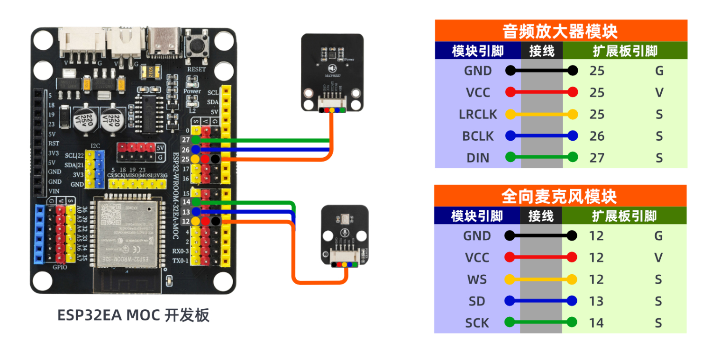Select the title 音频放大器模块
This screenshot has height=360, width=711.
pos(560,31)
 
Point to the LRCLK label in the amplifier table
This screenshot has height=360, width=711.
pos(478,114)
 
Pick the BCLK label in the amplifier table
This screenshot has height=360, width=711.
pos(478,136)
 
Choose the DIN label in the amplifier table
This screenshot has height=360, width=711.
pos(478,158)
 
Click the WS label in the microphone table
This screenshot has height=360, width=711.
pos(477,279)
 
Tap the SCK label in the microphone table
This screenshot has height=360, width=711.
pos(477,323)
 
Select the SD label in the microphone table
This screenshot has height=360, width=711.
pos(477,301)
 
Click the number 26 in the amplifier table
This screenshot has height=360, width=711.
pos(597,136)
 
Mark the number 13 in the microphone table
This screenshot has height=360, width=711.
pos(596,301)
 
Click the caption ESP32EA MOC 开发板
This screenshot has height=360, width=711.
pos(133,315)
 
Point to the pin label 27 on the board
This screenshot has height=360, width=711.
pos(185,140)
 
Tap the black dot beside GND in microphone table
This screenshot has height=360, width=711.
pos(510,235)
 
